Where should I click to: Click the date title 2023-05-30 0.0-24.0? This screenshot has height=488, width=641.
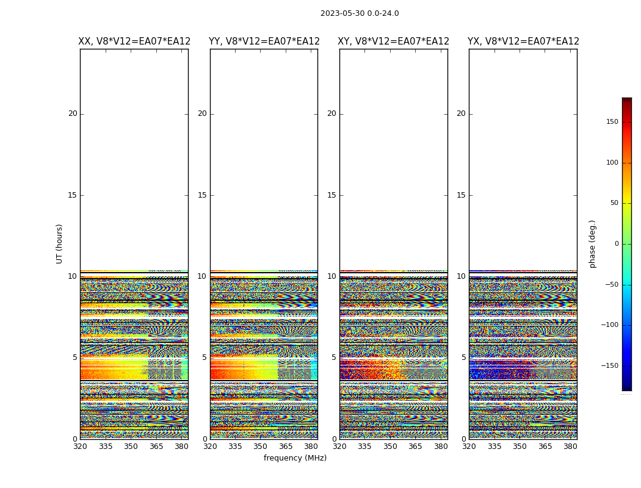(360, 13)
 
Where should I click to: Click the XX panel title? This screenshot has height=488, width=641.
(134, 41)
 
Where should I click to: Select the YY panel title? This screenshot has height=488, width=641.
(264, 41)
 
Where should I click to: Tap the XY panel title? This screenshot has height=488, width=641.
(394, 41)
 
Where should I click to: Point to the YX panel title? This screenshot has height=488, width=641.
(523, 41)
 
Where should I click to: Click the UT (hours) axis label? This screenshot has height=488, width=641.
(60, 243)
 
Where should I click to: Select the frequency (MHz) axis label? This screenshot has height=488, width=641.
(295, 458)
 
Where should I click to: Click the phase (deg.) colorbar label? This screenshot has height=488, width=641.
(593, 243)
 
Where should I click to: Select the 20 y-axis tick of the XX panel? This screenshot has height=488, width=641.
(73, 113)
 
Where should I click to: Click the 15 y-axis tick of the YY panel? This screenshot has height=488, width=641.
(202, 195)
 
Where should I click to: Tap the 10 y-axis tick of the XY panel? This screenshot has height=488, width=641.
(331, 276)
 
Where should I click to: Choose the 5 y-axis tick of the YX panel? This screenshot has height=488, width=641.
(463, 357)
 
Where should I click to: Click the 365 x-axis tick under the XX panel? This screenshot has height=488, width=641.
(156, 447)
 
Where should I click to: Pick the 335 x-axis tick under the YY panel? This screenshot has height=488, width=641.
(235, 447)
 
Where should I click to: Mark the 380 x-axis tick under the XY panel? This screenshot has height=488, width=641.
(441, 447)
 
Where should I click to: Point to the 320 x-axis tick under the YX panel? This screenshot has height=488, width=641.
(469, 447)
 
